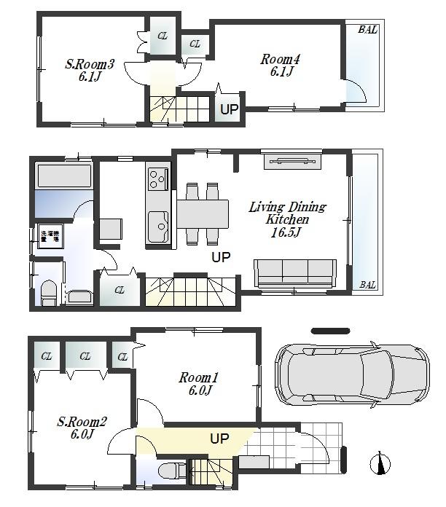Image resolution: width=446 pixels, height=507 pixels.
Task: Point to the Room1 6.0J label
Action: pos(198,384)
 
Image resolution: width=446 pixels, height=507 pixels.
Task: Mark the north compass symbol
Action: pos(380,463)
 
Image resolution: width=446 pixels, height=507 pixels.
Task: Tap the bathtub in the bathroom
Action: pos(63,177)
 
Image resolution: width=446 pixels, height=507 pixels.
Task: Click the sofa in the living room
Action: pos(294,272)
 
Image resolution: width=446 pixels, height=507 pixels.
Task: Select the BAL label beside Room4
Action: pos(367,30)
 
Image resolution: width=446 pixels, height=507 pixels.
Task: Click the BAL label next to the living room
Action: pos(367,285)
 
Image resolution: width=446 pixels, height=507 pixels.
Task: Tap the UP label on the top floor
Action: pos(229,110)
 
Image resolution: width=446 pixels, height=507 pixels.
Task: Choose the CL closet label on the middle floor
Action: pos(120,290)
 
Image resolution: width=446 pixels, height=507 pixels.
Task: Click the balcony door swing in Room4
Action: pos(355,93)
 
